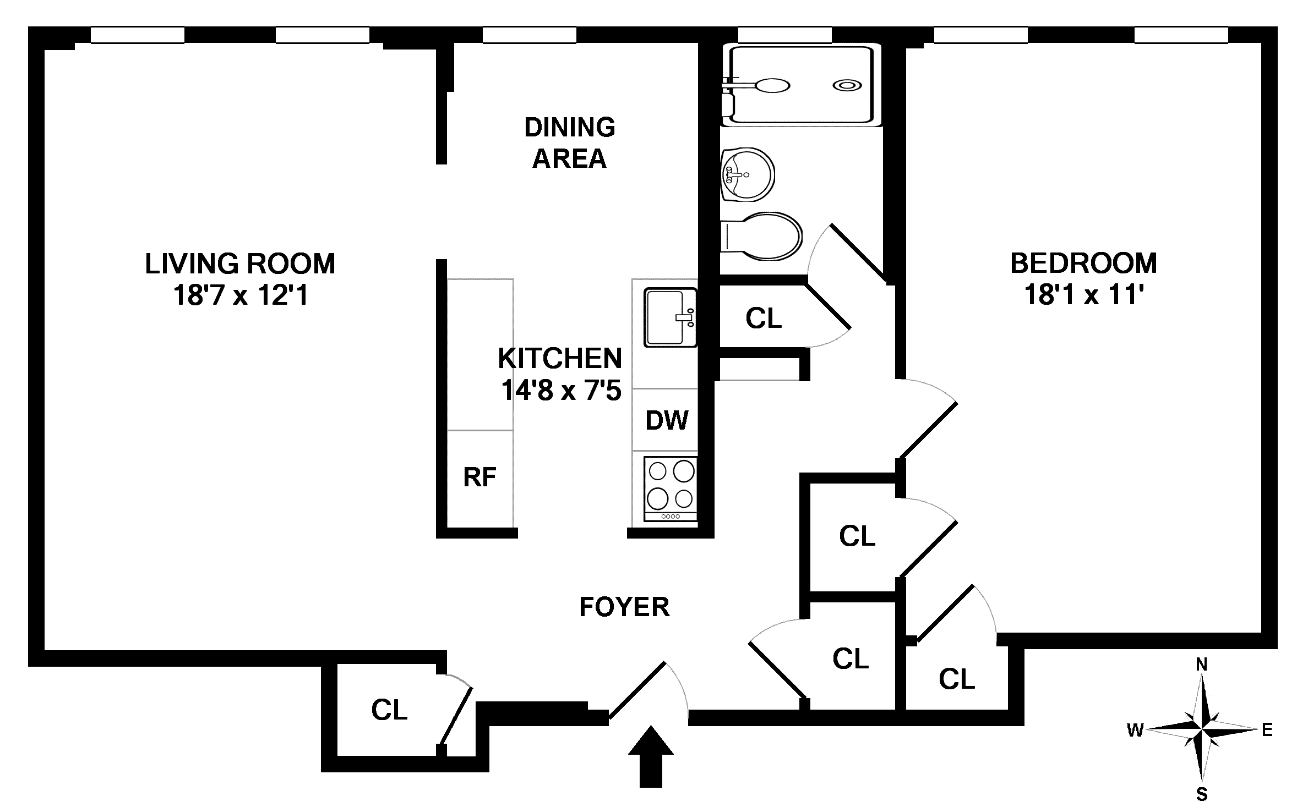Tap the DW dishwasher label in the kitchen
[667, 421]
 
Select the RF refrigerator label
[479, 477]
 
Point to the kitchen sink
[671, 317]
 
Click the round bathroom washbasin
[747, 174]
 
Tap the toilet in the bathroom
[761, 237]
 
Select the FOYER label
[624, 607]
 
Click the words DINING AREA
[570, 142]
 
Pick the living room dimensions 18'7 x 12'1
[241, 295]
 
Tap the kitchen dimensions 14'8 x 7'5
[561, 390]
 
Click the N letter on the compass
[1201, 665]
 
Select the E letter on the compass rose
[1267, 730]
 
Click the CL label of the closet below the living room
[389, 710]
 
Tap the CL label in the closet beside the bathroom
[764, 318]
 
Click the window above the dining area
[530, 35]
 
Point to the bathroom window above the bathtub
[784, 35]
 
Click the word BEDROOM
[1083, 263]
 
